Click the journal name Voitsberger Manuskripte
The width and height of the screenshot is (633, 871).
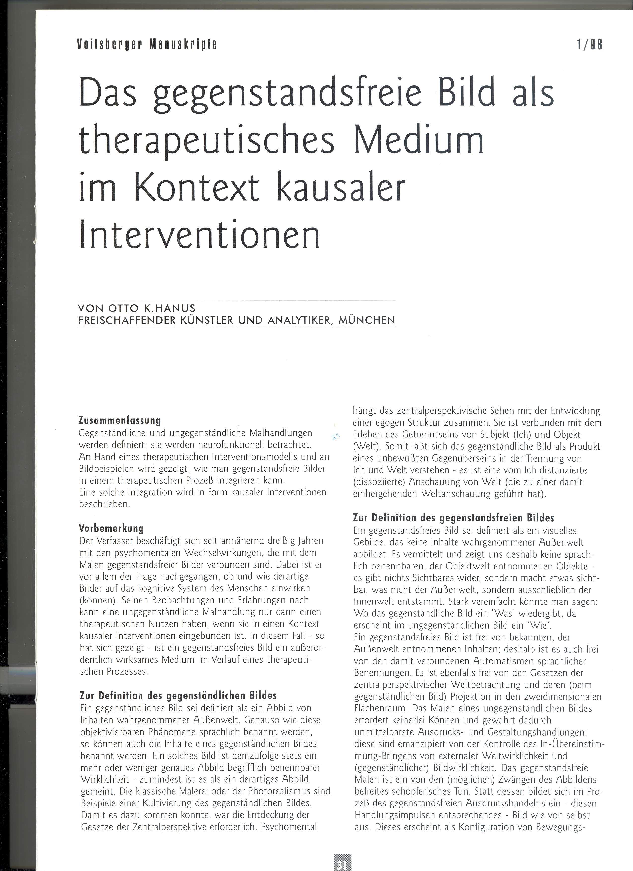147,45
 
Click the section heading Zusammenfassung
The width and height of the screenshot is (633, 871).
119,420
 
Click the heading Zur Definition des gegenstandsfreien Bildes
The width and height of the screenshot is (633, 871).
454,518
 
